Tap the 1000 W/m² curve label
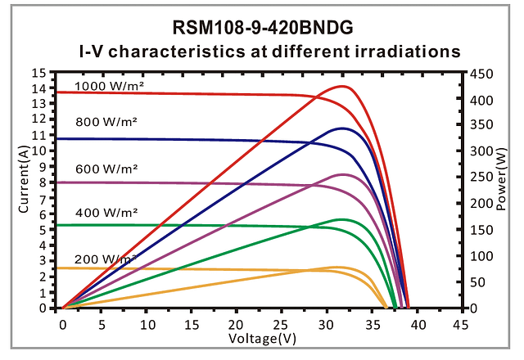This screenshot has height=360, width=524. point(106,85)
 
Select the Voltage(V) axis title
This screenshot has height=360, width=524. point(261,338)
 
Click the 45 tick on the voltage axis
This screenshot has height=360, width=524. point(460,324)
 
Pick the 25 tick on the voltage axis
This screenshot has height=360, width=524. point(283,324)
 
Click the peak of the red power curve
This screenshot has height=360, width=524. point(343,86)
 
